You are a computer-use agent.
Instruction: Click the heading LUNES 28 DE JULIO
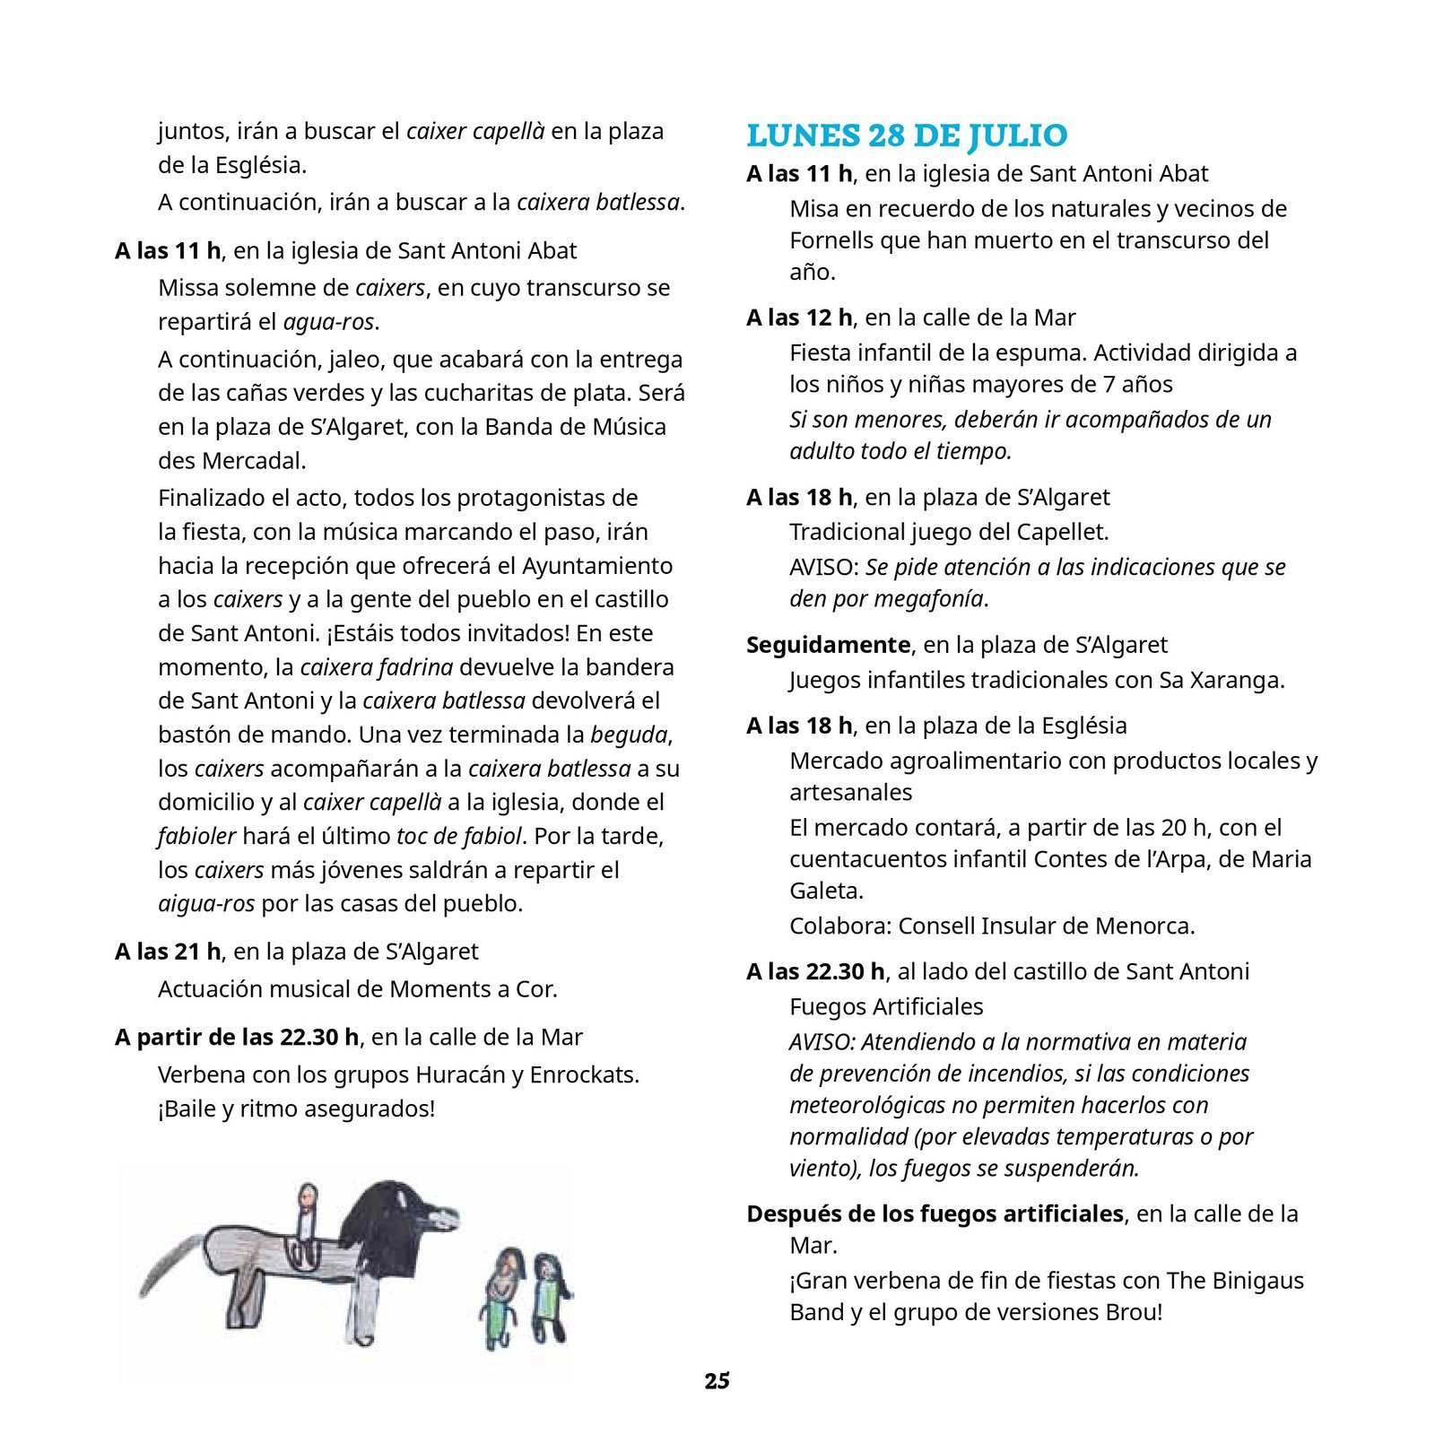pyautogui.click(x=907, y=135)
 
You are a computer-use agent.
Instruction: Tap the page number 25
pyautogui.click(x=717, y=1381)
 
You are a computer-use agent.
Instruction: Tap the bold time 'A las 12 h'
pyautogui.click(x=799, y=317)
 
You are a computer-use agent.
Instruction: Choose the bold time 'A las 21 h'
pyautogui.click(x=168, y=952)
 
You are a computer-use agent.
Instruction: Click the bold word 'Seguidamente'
pyautogui.click(x=828, y=645)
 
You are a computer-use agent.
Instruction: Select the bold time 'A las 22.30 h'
pyautogui.click(x=815, y=971)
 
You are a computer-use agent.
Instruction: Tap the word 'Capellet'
pyautogui.click(x=1061, y=532)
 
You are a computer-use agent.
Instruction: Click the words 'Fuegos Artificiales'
pyautogui.click(x=886, y=1006)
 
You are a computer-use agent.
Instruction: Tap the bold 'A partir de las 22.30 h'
pyautogui.click(x=237, y=1038)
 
